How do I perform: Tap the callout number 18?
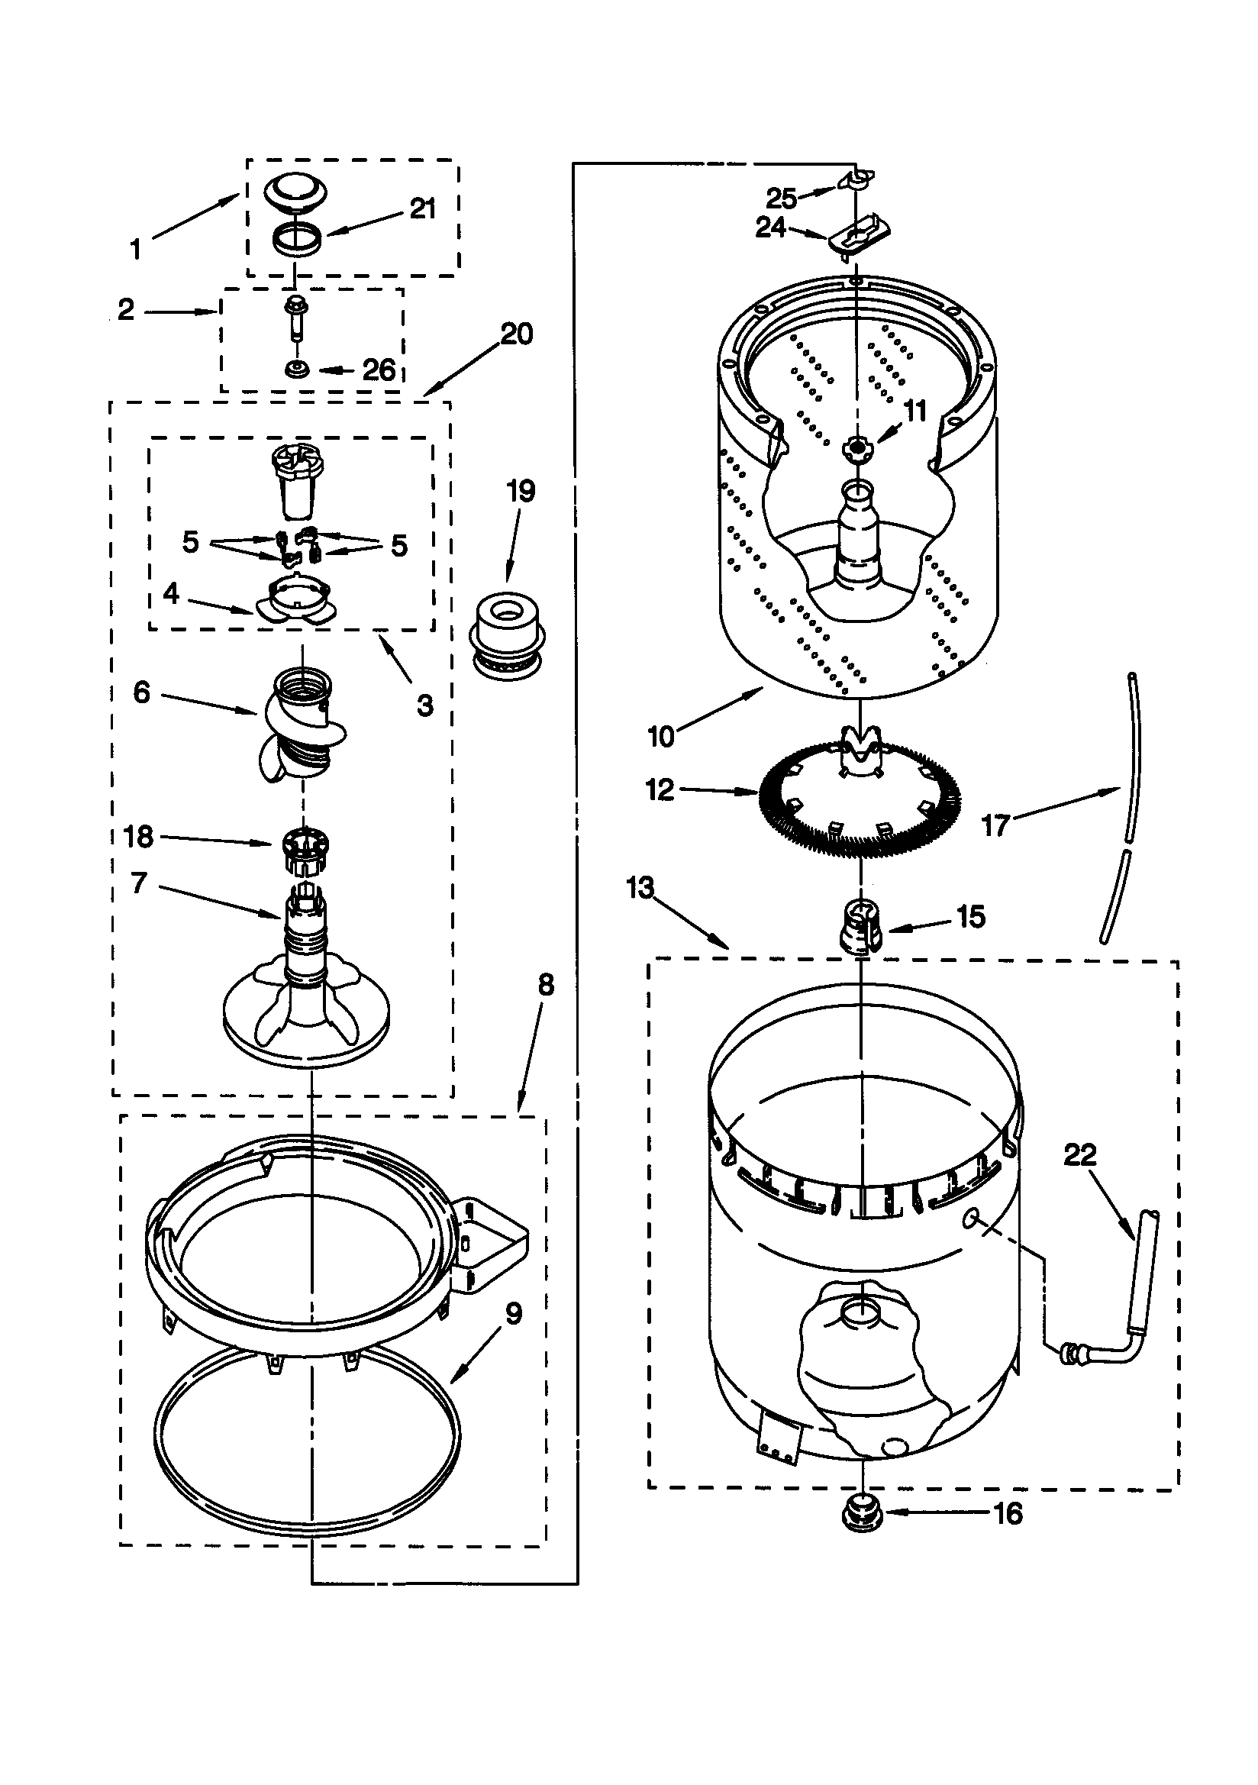[138, 837]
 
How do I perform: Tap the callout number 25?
[782, 199]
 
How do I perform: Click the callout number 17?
[996, 825]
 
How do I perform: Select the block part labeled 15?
[859, 925]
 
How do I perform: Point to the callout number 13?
[640, 887]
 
